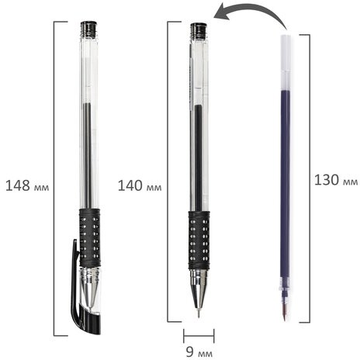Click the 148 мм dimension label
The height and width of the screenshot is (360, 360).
coord(27,185)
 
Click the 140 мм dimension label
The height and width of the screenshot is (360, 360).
coord(140,185)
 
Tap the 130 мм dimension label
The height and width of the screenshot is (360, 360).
coord(336,180)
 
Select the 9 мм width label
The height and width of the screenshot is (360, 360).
coord(199,351)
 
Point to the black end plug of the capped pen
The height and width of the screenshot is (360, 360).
coord(88,29)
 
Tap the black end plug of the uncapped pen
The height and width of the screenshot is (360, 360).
coord(199,30)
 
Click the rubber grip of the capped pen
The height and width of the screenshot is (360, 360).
coord(90,237)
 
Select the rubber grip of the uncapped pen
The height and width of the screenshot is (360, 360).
coord(199,241)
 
